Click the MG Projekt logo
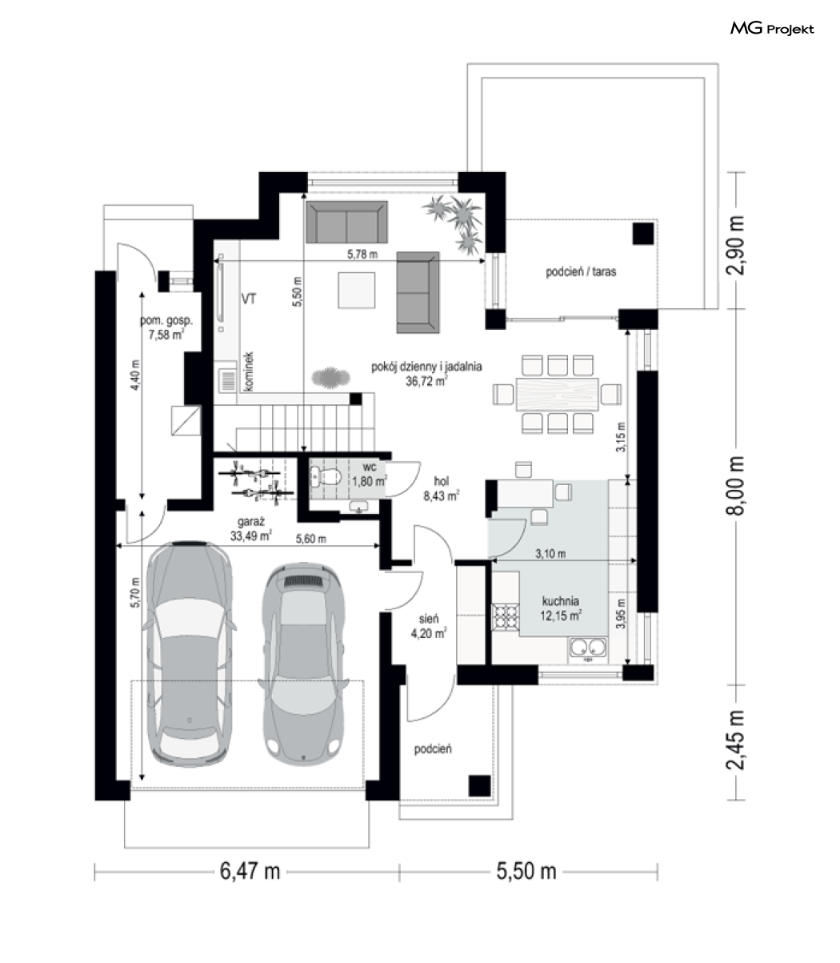[772, 29]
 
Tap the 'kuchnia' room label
[560, 601]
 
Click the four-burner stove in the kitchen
[506, 616]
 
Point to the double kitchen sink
[588, 648]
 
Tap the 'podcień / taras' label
[581, 271]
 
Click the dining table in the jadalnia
[558, 394]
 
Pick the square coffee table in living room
[357, 290]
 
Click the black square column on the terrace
[643, 234]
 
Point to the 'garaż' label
[251, 521]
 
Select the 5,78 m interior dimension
[362, 255]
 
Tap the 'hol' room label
[441, 481]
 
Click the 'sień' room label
[429, 619]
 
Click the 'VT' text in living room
[249, 299]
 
